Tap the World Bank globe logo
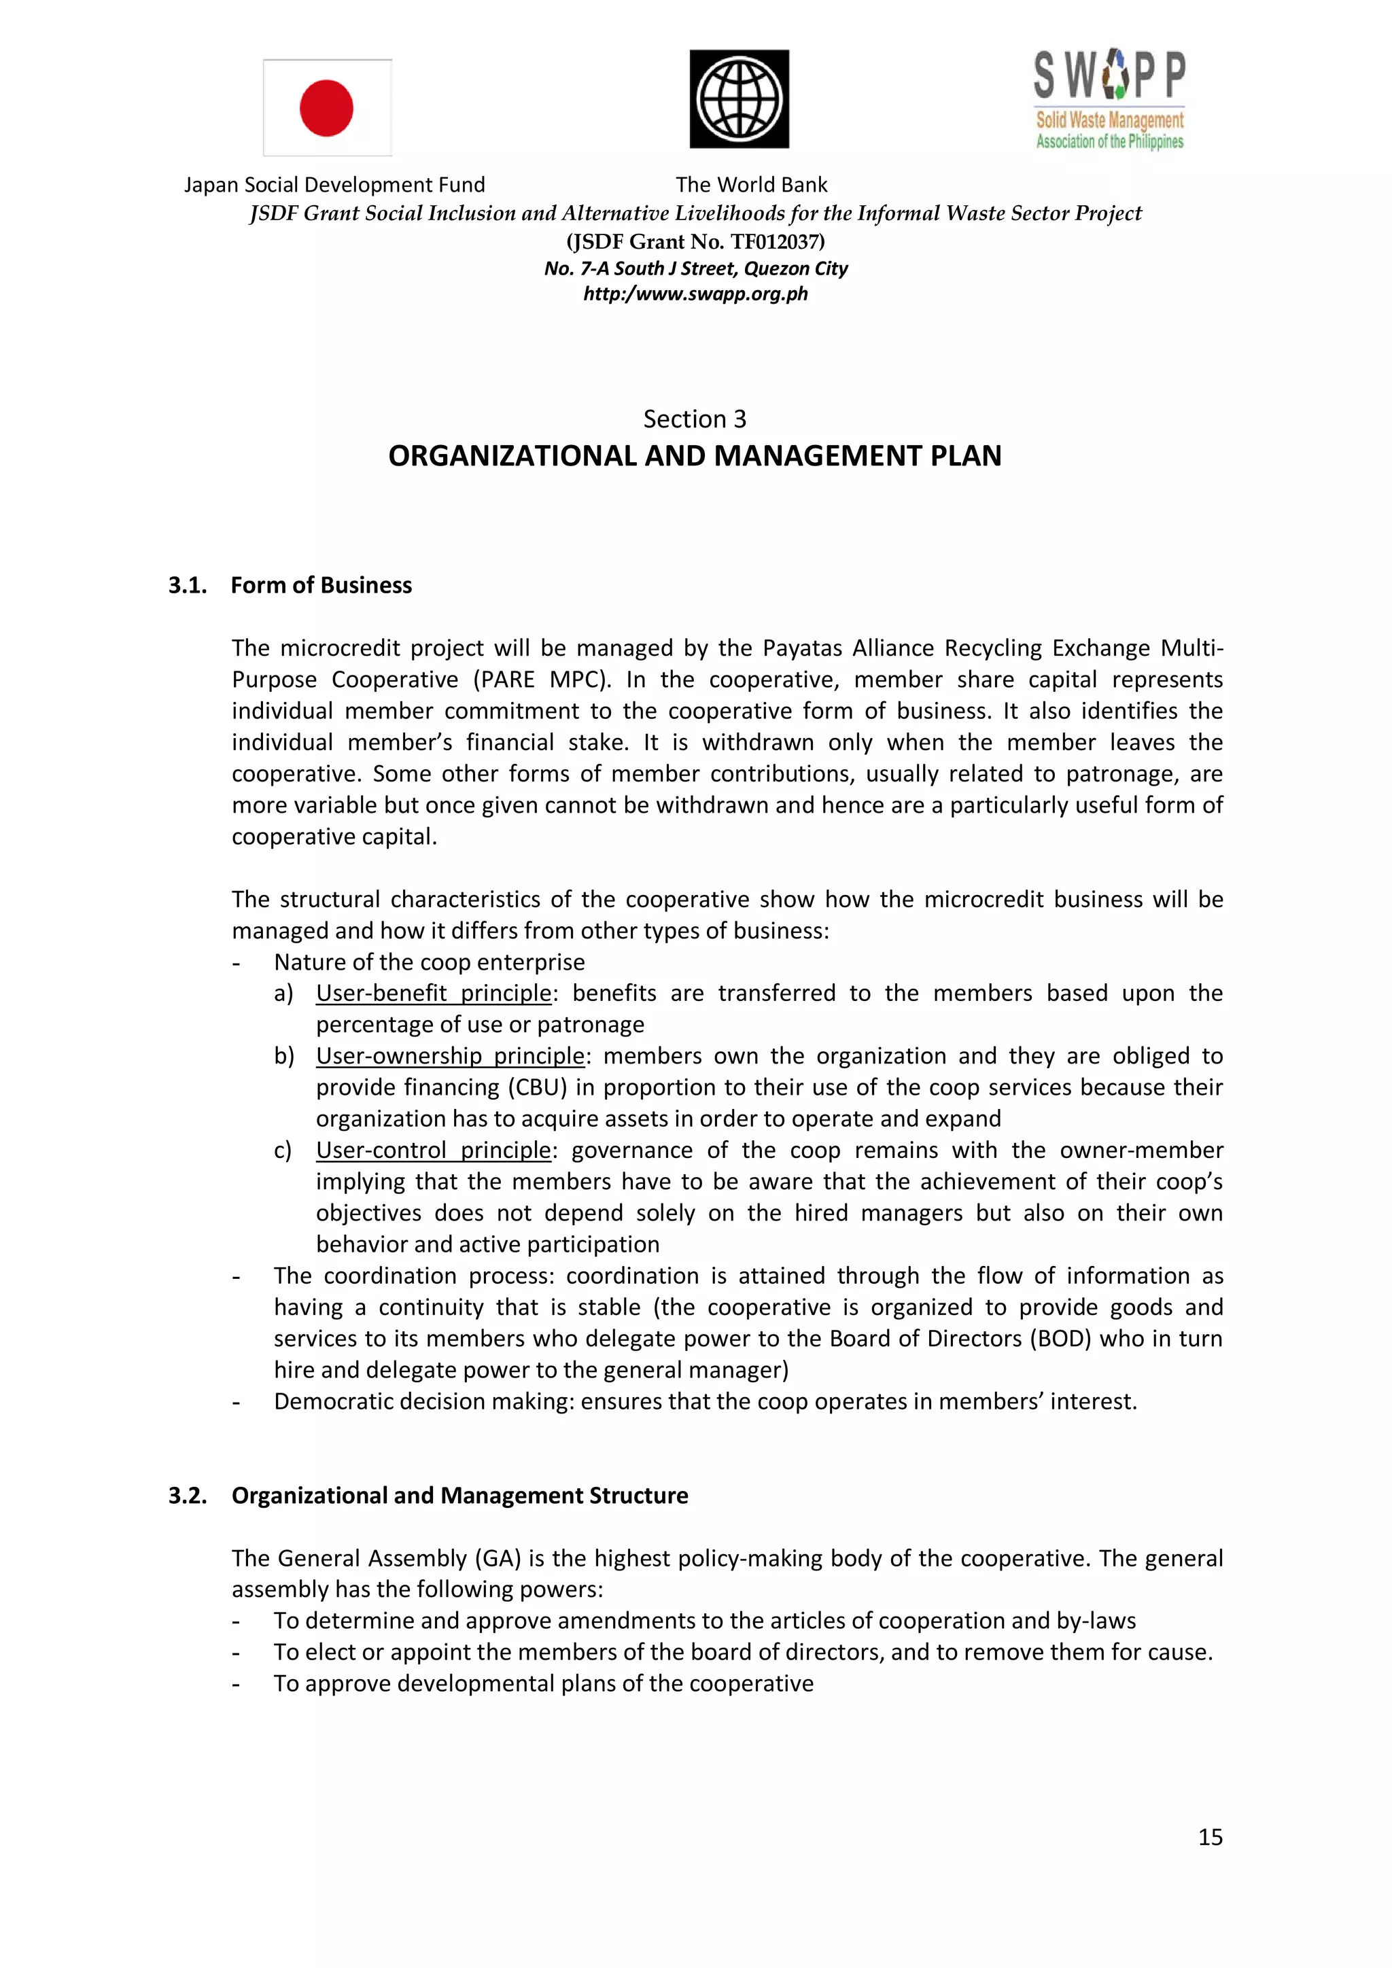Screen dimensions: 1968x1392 tap(739, 99)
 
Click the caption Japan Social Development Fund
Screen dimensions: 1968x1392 tap(334, 185)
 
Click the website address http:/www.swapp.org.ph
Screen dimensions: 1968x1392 tap(695, 294)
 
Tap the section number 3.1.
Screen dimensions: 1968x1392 tap(188, 585)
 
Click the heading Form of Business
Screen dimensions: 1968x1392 tap(321, 585)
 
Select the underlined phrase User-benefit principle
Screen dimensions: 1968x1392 tap(434, 994)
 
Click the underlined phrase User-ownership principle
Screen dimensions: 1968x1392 tap(450, 1056)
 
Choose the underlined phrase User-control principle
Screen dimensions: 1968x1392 tap(434, 1150)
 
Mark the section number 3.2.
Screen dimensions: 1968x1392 tap(188, 1496)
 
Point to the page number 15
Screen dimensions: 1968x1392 tap(1209, 1837)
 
